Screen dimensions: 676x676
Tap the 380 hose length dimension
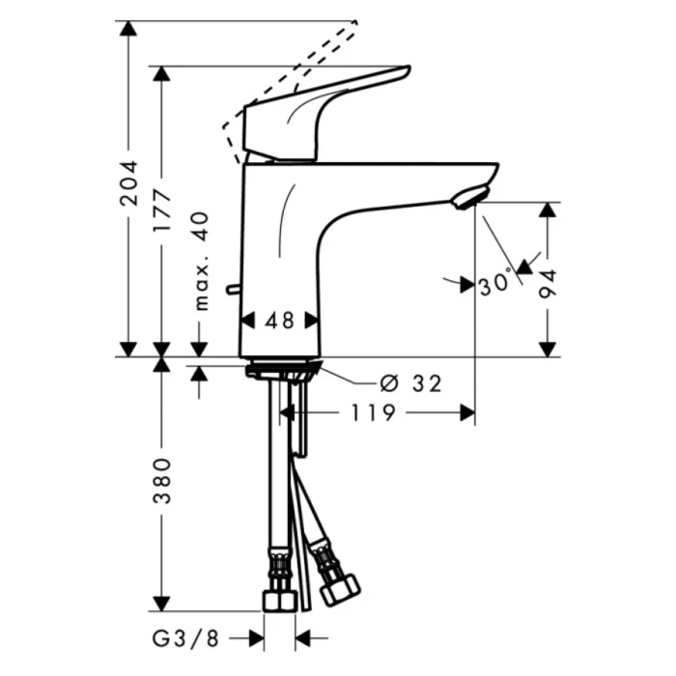point(162,482)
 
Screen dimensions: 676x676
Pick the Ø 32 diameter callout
point(411,383)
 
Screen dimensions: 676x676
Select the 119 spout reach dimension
point(372,413)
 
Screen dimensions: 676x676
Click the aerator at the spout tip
point(467,197)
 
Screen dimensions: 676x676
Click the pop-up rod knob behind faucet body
point(231,288)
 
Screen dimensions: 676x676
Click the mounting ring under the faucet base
point(281,370)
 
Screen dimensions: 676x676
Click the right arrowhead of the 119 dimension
point(467,413)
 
